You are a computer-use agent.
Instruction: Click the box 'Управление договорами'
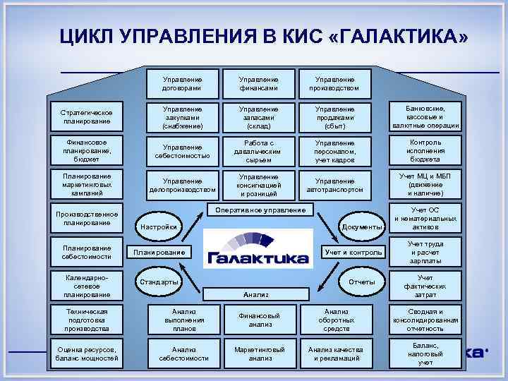pyautogui.click(x=181, y=84)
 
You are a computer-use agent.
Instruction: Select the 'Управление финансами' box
pyautogui.click(x=258, y=84)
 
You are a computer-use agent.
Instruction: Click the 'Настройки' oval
pyautogui.click(x=158, y=226)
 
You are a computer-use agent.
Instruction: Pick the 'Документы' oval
pyautogui.click(x=361, y=226)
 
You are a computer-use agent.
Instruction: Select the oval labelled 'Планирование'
pyautogui.click(x=158, y=252)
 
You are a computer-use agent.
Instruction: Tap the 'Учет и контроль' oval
pyautogui.click(x=352, y=252)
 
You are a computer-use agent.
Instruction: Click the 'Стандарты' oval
pyautogui.click(x=158, y=282)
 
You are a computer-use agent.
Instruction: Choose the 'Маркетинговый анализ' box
pyautogui.click(x=258, y=353)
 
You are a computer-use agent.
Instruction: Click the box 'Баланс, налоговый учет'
pyautogui.click(x=425, y=353)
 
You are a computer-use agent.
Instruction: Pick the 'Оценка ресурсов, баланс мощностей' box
pyautogui.click(x=86, y=353)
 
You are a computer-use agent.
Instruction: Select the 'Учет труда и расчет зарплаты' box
pyautogui.click(x=425, y=252)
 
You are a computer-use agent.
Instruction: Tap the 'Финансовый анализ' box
pyautogui.click(x=258, y=320)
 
